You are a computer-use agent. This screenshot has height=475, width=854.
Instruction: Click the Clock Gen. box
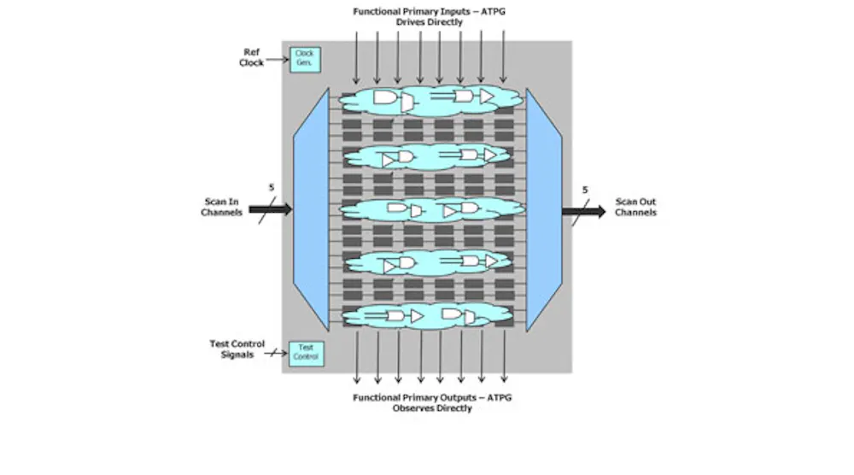click(305, 60)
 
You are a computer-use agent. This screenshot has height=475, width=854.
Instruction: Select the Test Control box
click(306, 354)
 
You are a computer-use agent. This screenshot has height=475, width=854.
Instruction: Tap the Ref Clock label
click(251, 57)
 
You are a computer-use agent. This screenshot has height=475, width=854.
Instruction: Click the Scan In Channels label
click(222, 207)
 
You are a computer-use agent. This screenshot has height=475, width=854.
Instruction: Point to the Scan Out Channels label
click(635, 207)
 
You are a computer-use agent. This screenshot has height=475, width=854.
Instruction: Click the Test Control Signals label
click(237, 349)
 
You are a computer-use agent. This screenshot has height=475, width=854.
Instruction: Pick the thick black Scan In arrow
click(271, 209)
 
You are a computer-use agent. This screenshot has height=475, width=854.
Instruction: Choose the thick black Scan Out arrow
click(584, 211)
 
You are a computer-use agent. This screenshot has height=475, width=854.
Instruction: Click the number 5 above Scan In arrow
click(272, 187)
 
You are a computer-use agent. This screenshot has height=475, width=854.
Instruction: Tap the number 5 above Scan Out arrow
click(585, 190)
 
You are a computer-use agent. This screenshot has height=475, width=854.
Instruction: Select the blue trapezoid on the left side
click(312, 209)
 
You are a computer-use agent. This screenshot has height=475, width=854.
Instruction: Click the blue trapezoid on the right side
click(544, 209)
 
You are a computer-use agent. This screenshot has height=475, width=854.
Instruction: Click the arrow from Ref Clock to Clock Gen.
click(278, 59)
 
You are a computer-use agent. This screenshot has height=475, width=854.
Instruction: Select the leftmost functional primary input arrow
click(356, 58)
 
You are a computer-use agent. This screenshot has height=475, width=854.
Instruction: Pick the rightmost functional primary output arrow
click(504, 356)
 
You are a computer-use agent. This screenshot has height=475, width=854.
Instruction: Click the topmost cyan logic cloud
click(430, 100)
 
